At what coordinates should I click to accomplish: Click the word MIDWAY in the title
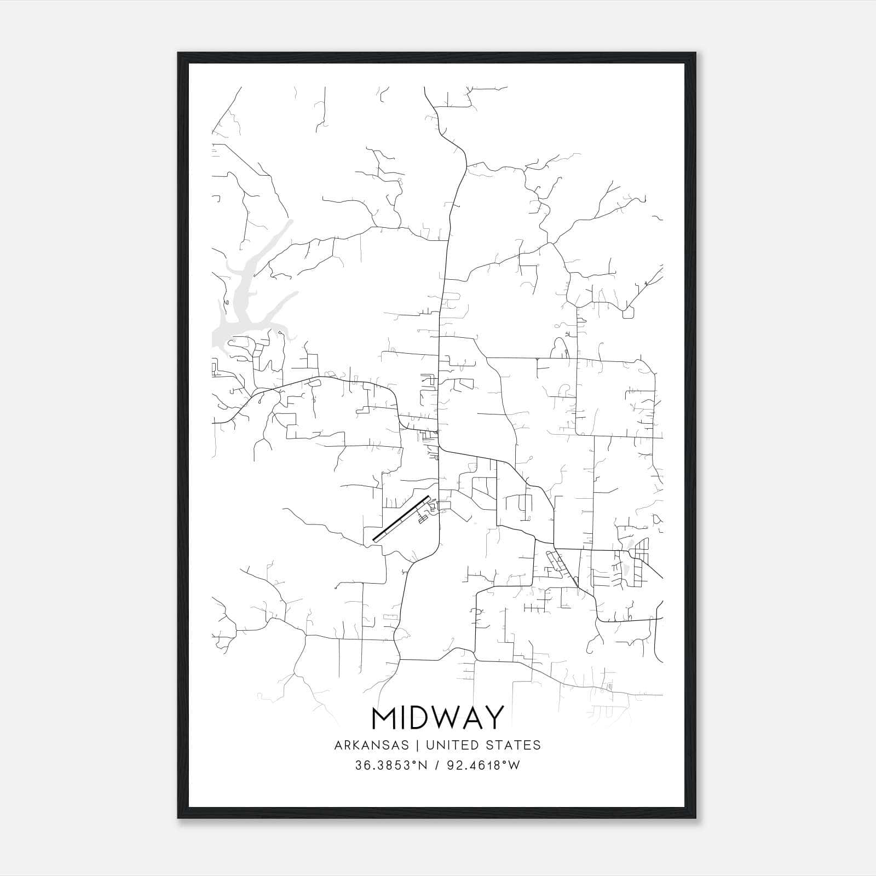click(437, 718)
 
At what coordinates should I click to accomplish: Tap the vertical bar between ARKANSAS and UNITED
click(417, 745)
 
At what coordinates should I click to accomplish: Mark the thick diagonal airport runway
click(401, 519)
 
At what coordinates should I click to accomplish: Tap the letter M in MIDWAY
click(384, 718)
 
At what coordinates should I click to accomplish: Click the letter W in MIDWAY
click(444, 718)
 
